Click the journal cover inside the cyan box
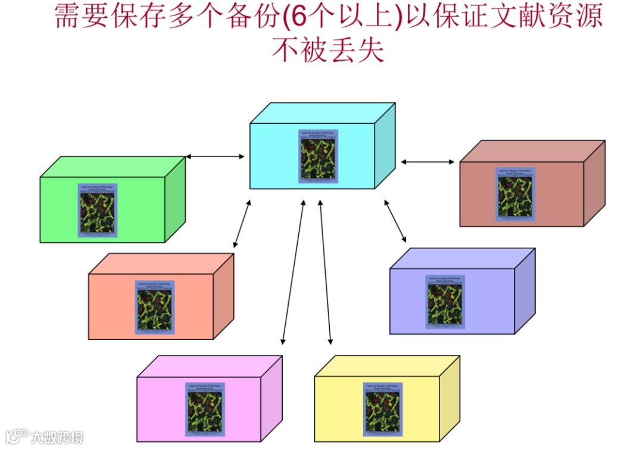coord(318,156)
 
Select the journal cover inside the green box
coord(97,210)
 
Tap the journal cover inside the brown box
coord(516,194)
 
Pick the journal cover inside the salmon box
coord(154,307)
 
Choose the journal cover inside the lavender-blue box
coord(445,301)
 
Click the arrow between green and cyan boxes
coord(215,157)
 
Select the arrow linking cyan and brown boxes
coord(427,161)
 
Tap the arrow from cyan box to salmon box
coord(242,224)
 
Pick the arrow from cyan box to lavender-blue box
coord(395,222)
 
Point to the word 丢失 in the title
coord(355,50)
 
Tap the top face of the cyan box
coord(321,113)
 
